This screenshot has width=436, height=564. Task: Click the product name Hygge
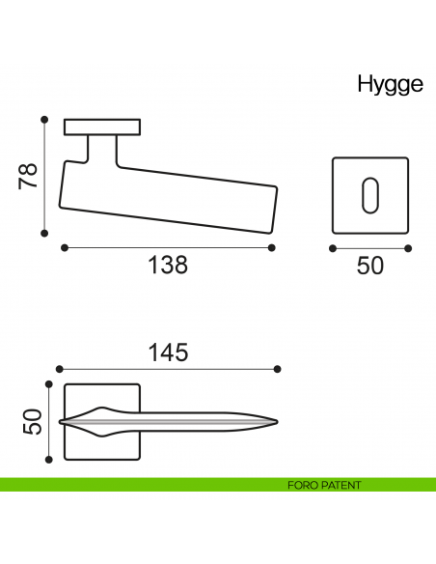coord(390,85)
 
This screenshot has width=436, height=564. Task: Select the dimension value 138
coord(168,265)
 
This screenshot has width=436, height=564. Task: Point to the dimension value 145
coord(168,353)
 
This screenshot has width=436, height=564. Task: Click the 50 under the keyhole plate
coord(370,265)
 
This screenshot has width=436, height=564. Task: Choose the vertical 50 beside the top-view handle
coord(33,422)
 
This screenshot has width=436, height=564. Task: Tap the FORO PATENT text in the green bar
coord(324,486)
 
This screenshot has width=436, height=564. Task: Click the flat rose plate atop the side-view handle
coord(102,127)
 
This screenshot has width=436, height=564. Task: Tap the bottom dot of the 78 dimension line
coord(44,233)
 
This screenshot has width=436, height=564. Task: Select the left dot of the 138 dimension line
coord(65,248)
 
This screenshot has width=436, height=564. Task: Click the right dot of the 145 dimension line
coord(278,369)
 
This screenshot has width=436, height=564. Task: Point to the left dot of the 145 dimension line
coord(60,369)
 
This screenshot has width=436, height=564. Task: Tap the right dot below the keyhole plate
coord(408,248)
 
